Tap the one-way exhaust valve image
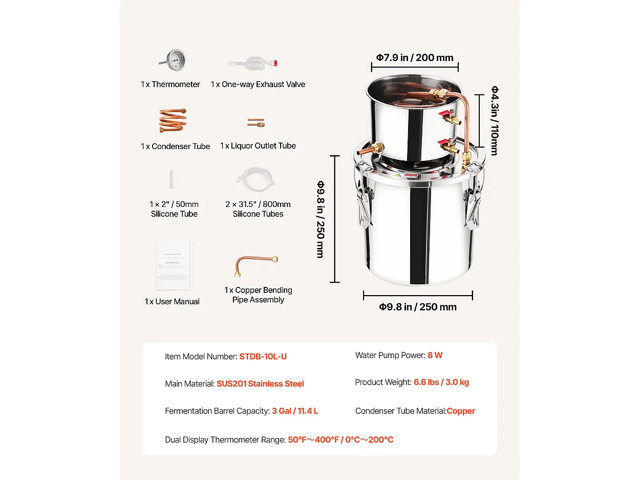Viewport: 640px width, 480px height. coord(253,64)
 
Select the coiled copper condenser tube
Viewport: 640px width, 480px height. coord(173,121)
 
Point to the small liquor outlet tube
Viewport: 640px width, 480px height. coord(255,123)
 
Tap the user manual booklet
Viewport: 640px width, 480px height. coord(173,265)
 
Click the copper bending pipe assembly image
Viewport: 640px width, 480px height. coord(256,266)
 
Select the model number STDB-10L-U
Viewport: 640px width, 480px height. coord(263,357)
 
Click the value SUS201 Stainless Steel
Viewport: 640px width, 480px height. coord(260,384)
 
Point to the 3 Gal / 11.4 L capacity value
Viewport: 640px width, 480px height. coord(295,411)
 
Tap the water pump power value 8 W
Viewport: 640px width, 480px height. coord(435,355)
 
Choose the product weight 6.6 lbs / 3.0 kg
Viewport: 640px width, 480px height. coord(441,382)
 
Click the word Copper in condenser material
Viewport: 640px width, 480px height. coord(461,411)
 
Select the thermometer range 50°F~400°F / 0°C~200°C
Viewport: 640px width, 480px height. coord(340,440)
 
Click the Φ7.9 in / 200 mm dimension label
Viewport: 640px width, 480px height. coord(415,57)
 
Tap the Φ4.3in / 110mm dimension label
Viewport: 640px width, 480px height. coord(495,120)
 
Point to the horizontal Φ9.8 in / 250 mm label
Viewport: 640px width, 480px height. coord(418,307)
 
